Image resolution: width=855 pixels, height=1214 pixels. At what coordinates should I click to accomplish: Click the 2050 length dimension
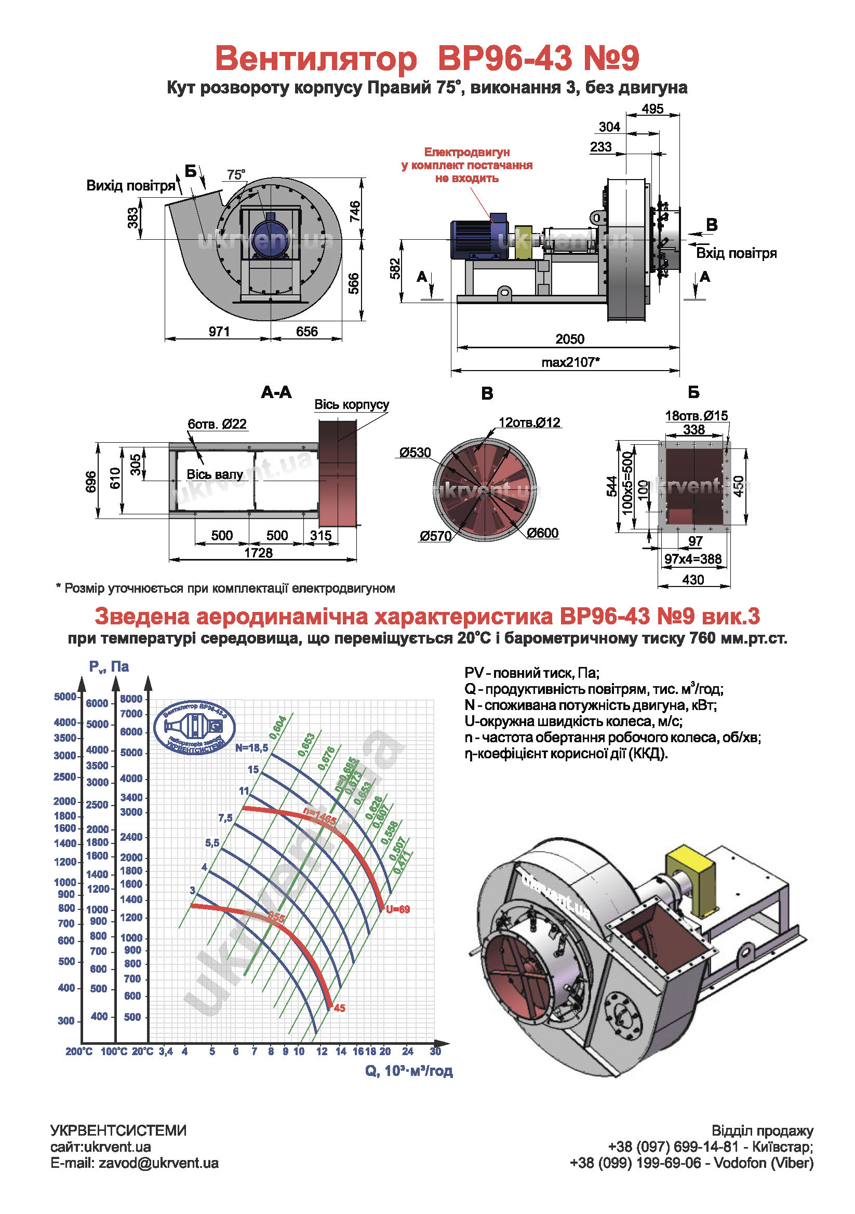point(569,339)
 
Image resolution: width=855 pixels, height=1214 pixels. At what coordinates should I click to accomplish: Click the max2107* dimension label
point(570,362)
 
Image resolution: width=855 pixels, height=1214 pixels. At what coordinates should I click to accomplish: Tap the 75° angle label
point(236,174)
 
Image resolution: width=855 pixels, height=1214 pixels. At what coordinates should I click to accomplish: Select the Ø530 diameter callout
point(416,453)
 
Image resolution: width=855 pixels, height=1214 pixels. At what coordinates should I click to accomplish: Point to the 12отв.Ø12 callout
point(529,422)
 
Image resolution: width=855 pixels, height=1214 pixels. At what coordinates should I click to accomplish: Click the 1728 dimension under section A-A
point(258,553)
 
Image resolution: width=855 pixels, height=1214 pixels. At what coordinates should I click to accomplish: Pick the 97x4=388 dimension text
point(692,559)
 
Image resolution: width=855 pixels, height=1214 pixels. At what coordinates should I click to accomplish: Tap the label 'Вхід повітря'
point(736,253)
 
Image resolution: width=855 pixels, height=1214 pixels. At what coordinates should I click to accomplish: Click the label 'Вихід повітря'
point(131,186)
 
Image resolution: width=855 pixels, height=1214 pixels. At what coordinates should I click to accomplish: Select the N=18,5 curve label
point(252,747)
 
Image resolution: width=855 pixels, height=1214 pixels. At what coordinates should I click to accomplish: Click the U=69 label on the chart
point(398,909)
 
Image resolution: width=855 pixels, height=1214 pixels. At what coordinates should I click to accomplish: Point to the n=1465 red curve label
point(319,816)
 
